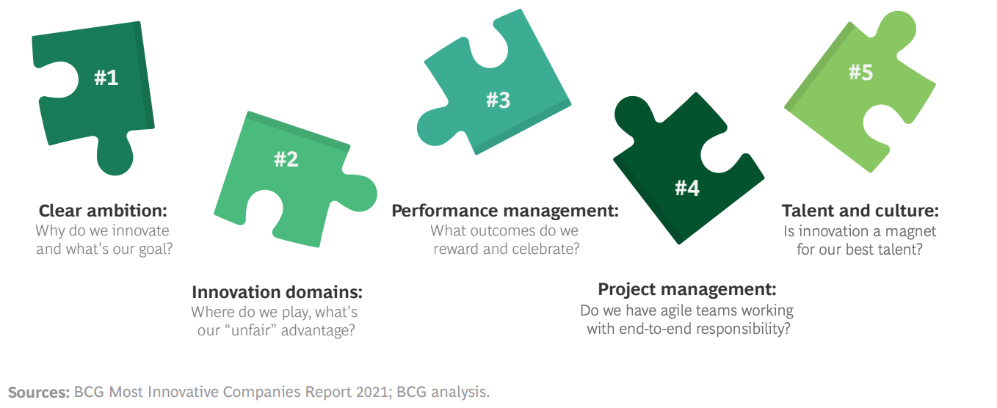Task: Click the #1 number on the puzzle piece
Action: tap(106, 78)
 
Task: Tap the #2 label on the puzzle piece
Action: tap(286, 159)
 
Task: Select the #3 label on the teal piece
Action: tap(498, 100)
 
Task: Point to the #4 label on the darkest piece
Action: tap(687, 188)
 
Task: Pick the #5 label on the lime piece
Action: tap(860, 72)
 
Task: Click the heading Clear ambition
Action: tap(103, 211)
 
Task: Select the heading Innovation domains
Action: tap(278, 292)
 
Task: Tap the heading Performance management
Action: tap(505, 211)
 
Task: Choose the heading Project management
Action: tap(687, 289)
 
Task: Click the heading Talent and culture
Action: tap(860, 211)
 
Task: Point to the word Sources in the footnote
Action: tap(39, 392)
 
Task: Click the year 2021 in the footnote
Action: tap(373, 392)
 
